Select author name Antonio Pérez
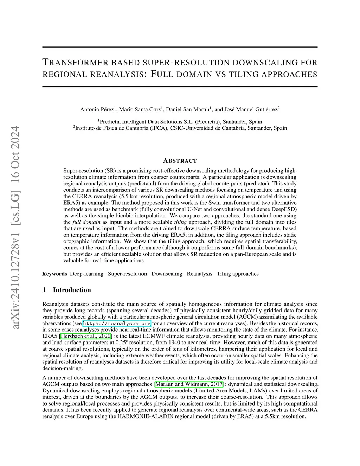[x=97, y=109]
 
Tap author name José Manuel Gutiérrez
[x=251, y=109]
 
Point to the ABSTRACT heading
[x=180, y=161]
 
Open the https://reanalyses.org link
[x=117, y=323]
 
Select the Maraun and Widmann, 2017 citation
[x=189, y=384]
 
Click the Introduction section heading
[x=72, y=290]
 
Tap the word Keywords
[x=55, y=274]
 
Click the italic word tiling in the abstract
[x=181, y=222]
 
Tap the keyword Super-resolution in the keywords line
[x=128, y=274]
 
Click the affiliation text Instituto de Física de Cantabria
[x=120, y=128]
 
